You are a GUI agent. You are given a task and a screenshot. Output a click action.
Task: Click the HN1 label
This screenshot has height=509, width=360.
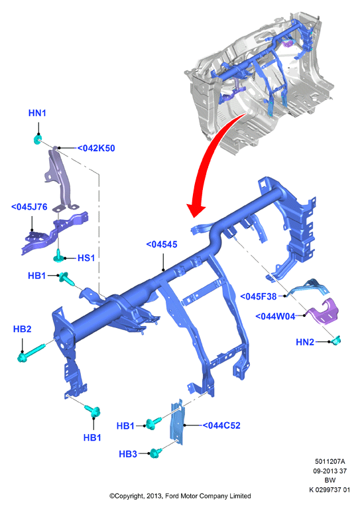point(37,113)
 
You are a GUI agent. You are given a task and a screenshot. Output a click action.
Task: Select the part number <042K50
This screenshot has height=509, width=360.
point(96,148)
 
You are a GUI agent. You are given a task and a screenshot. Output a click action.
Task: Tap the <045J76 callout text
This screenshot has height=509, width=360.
point(29,207)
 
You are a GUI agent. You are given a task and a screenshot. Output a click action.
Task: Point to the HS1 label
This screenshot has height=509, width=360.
point(86,258)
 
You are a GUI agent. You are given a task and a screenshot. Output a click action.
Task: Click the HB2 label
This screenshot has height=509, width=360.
point(22,329)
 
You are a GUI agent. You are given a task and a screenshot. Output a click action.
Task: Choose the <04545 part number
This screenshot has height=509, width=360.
point(162,245)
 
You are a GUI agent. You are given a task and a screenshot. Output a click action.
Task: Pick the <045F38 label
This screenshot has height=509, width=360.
point(259,296)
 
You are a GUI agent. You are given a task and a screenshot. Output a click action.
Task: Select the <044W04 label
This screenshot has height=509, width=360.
point(275,316)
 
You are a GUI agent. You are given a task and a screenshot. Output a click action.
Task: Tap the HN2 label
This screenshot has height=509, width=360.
point(305,342)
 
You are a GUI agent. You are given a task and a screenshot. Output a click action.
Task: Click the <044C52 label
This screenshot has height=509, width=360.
point(221,425)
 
